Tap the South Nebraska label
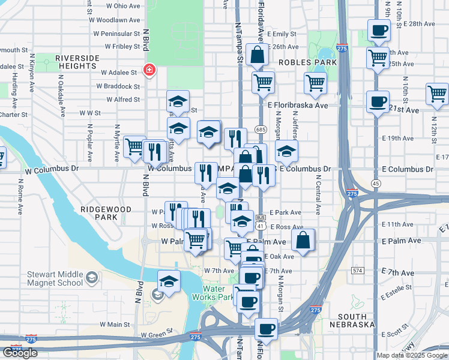coord(360,320)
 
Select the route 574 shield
coord(358,271)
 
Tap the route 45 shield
coord(376,183)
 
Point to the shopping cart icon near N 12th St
coord(437,94)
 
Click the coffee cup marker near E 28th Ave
coord(379,30)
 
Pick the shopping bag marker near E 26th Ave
coord(256,55)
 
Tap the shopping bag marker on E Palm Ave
coord(304,241)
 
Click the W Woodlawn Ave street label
coord(114,20)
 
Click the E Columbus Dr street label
coord(305,169)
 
